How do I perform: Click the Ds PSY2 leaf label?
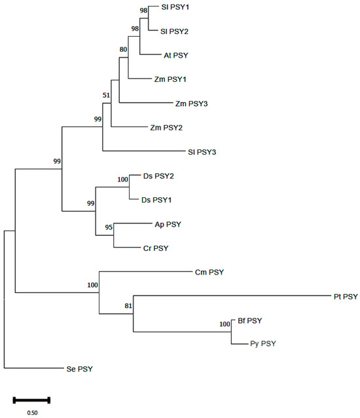click(157, 176)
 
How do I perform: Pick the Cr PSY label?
click(156, 248)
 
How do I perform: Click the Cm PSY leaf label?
click(209, 271)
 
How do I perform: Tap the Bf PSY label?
click(249, 320)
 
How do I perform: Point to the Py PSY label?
click(263, 343)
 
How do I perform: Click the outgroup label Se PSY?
click(80, 369)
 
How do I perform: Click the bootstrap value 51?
click(107, 96)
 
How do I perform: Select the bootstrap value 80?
click(123, 48)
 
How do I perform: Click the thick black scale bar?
click(31, 398)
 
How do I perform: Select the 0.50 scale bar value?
click(31, 413)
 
